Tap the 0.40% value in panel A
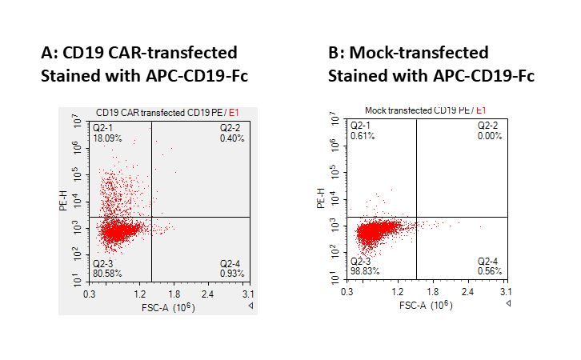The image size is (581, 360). point(233,139)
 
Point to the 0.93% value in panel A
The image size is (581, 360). point(233,274)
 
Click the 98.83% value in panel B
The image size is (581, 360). point(363,271)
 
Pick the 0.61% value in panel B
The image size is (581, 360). point(363,136)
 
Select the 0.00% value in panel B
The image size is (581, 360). point(490,136)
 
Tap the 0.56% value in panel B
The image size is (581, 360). point(490,271)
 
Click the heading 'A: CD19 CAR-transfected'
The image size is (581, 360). point(138,53)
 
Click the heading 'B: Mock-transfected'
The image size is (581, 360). point(408,53)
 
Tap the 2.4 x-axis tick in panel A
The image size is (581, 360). point(208,294)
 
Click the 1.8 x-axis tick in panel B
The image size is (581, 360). point(433,292)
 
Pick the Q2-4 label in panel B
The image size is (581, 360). point(488,262)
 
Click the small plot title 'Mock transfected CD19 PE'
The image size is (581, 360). point(416,110)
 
